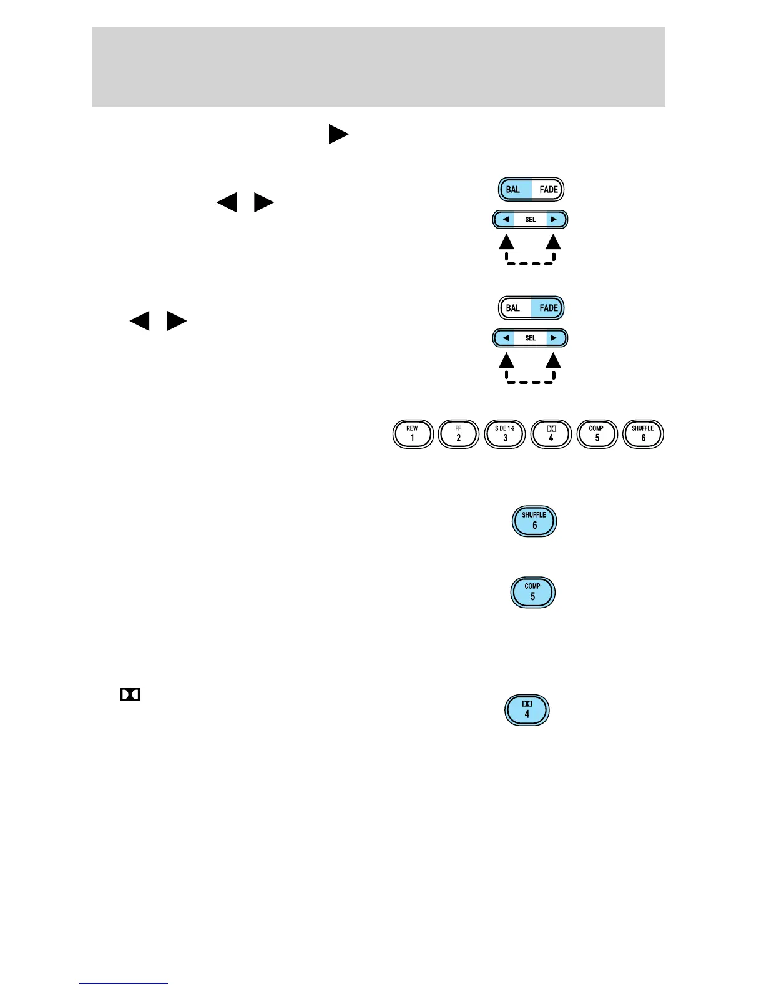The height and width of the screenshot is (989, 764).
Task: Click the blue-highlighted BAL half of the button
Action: coord(514,189)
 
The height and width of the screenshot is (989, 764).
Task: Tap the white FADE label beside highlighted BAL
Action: coord(548,189)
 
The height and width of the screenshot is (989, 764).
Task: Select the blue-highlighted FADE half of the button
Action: coord(548,308)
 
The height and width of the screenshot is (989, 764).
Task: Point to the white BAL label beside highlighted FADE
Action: coord(514,308)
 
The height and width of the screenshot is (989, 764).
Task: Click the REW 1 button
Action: coord(413,434)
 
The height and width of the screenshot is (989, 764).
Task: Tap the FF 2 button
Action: coord(459,434)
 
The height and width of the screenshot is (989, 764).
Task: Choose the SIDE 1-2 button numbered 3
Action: coord(505,434)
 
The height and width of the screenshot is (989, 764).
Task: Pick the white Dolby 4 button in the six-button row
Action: coord(551,434)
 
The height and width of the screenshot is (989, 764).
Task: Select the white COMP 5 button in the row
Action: coord(597,434)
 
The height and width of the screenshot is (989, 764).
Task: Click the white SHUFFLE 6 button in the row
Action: coord(643,434)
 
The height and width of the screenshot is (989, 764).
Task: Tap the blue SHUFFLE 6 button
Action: coord(534,521)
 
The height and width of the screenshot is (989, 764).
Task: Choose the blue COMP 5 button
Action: coord(532,592)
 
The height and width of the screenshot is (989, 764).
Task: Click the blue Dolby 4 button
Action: coord(527,710)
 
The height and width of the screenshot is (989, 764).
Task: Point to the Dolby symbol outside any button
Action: coord(130,694)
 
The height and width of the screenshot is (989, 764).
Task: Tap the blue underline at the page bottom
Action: coord(124,983)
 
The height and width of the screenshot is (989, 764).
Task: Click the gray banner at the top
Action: coord(378,67)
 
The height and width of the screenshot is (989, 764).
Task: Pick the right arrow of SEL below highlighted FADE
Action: coord(554,338)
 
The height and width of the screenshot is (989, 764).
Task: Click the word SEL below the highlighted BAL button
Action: coord(530,220)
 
